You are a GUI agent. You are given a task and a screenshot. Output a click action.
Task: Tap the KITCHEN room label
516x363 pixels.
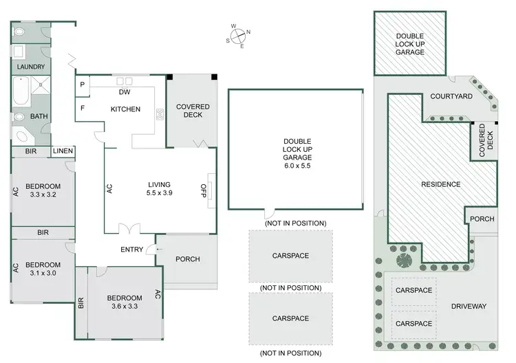tap(125, 109)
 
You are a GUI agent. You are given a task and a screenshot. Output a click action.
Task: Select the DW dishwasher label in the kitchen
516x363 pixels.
tap(125, 92)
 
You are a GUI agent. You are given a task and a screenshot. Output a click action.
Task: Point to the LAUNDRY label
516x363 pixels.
tap(30, 67)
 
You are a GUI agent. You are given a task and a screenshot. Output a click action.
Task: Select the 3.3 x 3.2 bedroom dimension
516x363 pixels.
tap(43, 195)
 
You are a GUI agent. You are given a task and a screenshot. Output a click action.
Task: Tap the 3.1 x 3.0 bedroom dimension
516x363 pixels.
tap(43, 274)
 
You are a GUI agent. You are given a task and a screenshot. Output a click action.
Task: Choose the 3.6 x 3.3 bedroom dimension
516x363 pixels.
tap(125, 307)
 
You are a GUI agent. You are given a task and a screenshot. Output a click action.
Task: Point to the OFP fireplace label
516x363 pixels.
tap(203, 190)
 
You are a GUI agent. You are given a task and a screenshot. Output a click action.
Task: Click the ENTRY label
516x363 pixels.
tap(131, 250)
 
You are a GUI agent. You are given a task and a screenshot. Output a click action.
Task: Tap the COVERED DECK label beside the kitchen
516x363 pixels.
tap(193, 111)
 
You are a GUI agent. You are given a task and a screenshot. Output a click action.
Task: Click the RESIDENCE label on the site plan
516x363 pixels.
tap(441, 184)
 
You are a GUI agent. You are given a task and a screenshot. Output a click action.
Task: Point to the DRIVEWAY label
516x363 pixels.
tap(469, 306)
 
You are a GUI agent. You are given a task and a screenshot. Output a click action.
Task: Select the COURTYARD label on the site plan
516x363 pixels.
tap(451, 96)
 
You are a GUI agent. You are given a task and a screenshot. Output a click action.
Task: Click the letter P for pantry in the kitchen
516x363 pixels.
tap(83, 85)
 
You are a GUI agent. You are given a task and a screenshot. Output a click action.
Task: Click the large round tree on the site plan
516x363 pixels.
tap(405, 260)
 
